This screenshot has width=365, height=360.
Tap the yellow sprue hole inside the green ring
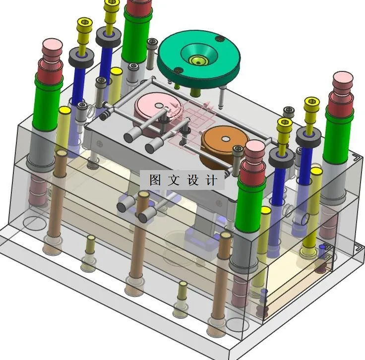point(198,61)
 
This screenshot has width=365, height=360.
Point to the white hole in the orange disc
point(225,139)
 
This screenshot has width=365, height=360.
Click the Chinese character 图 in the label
point(155,180)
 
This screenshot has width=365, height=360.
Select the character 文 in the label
point(174,180)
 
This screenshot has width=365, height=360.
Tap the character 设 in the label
point(193,180)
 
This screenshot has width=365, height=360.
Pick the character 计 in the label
point(211,180)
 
